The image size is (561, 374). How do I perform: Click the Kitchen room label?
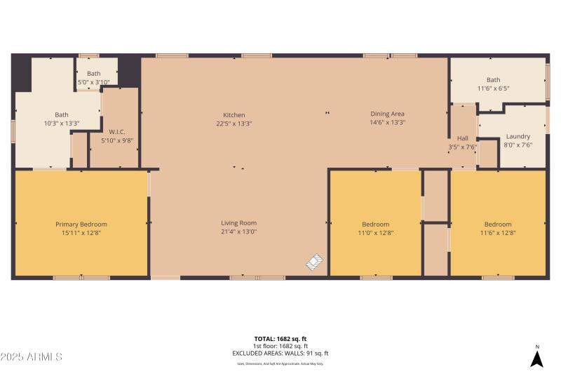(x=234, y=115)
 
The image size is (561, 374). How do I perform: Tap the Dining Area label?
(x=387, y=114)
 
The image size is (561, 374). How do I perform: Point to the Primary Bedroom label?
(x=81, y=225)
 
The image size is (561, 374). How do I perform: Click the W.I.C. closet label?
(x=116, y=132)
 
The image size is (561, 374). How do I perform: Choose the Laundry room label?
(x=518, y=136)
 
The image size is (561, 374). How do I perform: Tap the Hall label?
(x=462, y=138)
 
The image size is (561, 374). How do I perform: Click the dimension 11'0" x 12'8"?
(x=374, y=233)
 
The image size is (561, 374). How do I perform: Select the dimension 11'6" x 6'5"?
(x=494, y=88)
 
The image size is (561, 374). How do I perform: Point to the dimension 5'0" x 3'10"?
(x=93, y=82)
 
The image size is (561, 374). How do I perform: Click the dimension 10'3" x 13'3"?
(x=62, y=123)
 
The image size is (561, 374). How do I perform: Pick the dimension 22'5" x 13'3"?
(x=234, y=123)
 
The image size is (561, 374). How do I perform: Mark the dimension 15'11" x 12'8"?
(x=81, y=233)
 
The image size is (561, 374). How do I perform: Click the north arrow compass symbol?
(x=536, y=358)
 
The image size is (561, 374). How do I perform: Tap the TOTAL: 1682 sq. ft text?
(x=280, y=339)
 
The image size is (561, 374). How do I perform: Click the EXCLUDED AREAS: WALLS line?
(x=280, y=354)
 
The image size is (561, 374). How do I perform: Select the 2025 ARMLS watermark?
(x=32, y=357)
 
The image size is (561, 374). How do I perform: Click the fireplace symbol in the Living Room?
(x=315, y=262)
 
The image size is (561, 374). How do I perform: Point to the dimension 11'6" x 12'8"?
(x=498, y=233)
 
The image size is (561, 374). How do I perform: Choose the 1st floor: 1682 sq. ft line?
(x=280, y=347)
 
